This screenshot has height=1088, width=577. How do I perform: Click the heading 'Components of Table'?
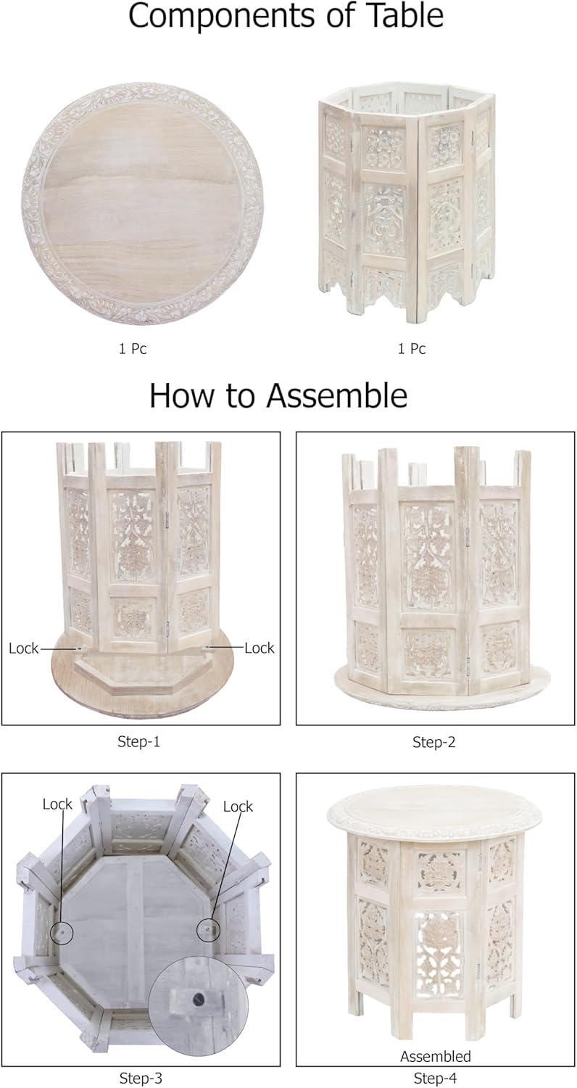click(286, 15)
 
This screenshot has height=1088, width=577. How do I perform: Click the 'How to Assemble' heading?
click(278, 395)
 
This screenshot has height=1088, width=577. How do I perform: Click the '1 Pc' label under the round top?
click(133, 349)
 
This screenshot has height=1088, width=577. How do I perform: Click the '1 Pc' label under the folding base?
click(412, 349)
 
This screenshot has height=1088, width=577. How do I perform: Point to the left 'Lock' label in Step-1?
click(23, 648)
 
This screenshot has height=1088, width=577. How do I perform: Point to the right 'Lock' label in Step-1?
click(259, 648)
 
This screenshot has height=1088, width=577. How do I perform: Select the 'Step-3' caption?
click(141, 1079)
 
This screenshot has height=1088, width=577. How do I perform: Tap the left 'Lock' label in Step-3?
click(57, 804)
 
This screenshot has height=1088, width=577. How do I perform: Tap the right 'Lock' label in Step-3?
click(238, 807)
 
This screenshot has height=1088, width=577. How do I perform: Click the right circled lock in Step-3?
click(208, 929)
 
